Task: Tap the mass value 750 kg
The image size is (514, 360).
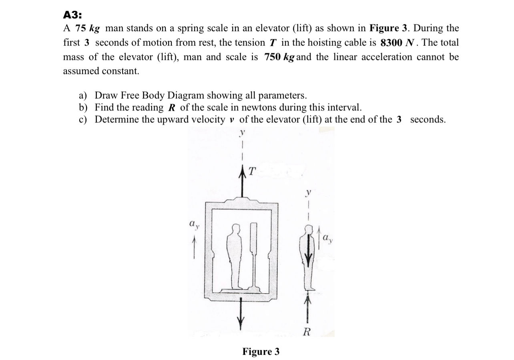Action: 280,57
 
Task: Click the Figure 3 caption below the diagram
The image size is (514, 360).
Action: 261,352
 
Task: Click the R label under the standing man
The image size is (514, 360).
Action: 307,332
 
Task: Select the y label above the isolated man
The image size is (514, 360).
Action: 308,192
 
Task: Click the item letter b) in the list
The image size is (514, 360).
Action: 83,108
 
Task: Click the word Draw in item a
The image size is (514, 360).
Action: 104,96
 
